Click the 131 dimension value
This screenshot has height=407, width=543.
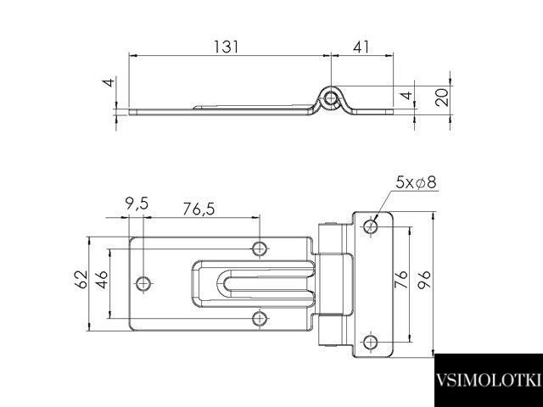click(227, 47)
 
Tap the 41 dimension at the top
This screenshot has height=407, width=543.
click(361, 47)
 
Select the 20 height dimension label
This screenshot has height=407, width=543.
click(442, 97)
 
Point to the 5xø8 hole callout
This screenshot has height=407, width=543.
click(416, 182)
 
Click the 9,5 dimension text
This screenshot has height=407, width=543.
click(137, 203)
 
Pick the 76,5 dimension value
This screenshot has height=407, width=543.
click(199, 209)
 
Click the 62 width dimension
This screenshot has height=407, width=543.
click(81, 280)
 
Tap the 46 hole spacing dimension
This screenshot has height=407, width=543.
click(102, 280)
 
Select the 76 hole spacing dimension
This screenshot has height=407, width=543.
click(401, 280)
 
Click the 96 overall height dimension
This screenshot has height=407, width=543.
click(424, 280)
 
